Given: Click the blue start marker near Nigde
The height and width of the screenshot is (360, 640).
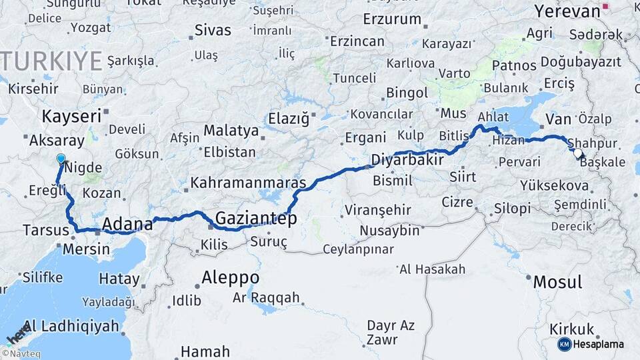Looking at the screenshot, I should click(61, 159).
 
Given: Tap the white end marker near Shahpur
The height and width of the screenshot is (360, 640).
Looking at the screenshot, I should click(577, 153).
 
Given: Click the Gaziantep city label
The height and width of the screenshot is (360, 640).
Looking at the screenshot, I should click(256, 218).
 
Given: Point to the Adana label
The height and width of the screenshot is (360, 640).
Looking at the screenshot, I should click(127, 224).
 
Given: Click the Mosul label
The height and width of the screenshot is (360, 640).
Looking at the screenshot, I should click(557, 281).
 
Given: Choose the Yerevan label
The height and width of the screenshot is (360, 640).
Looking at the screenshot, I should click(567, 11).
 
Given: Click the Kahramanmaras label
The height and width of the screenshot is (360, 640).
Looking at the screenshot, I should click(248, 182).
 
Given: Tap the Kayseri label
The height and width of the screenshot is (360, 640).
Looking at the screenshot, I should click(71, 117).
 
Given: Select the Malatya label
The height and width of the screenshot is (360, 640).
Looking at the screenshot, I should click(231, 130).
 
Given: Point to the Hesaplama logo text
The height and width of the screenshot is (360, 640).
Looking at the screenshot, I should click(599, 344).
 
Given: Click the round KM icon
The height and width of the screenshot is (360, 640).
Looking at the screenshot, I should click(565, 344).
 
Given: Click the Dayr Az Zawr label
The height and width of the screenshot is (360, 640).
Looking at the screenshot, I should click(391, 332).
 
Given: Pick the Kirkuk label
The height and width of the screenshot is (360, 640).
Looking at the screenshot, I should click(572, 329).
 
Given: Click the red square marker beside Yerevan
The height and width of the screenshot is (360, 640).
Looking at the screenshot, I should click(605, 8).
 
